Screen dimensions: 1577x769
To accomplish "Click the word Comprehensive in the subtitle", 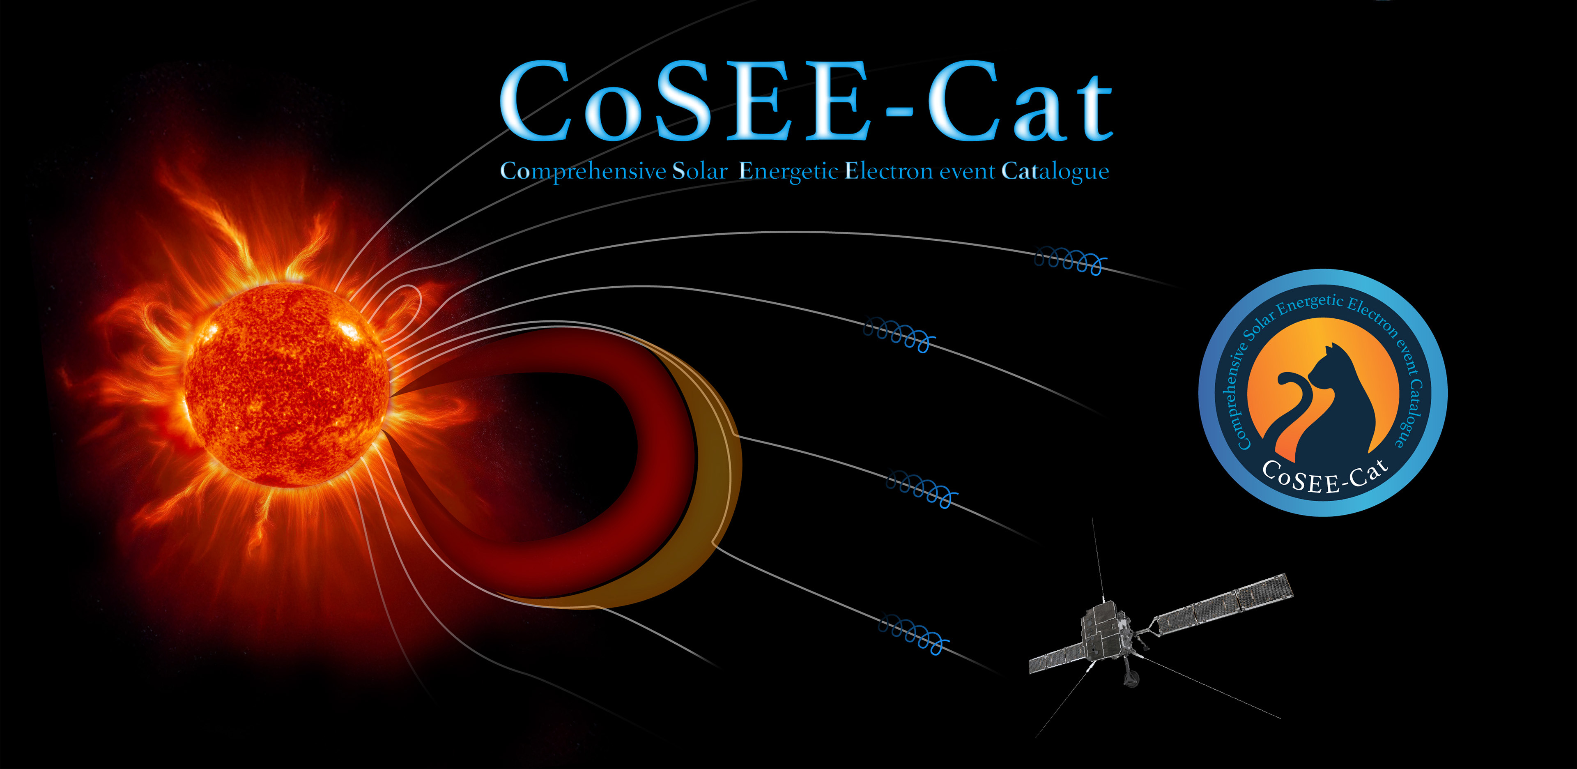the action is click(x=583, y=171).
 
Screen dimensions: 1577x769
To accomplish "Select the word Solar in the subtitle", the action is click(x=700, y=171).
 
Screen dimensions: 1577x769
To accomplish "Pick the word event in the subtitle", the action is click(x=967, y=172).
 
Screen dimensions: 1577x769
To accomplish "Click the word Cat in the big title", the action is click(x=1020, y=101).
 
